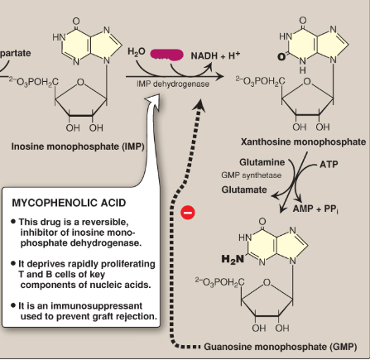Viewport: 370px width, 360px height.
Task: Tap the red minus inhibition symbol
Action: tap(187, 212)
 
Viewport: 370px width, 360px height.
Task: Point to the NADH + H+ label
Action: tap(215, 55)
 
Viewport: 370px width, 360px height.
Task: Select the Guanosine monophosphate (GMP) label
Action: tap(276, 346)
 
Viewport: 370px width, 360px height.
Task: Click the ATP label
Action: tap(329, 164)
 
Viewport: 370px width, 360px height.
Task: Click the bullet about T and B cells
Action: tap(87, 272)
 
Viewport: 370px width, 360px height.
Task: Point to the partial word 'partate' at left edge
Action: tap(17, 52)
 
